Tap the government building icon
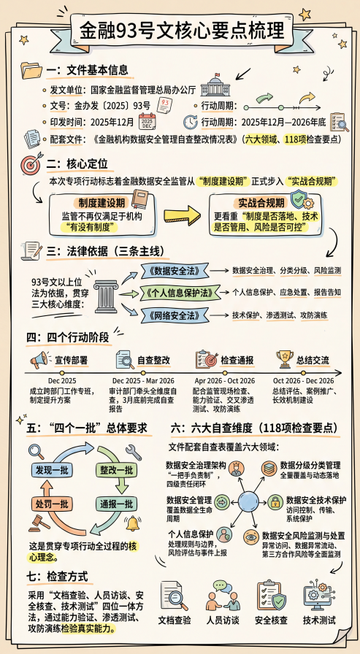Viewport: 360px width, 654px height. click(215, 85)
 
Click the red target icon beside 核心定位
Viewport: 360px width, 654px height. click(31, 163)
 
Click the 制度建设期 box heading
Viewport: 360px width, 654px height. click(98, 203)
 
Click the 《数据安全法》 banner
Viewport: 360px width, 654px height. click(173, 270)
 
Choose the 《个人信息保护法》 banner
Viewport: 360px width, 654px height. click(179, 292)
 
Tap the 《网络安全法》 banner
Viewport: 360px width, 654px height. click(173, 315)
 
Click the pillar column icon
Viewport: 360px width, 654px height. click(106, 296)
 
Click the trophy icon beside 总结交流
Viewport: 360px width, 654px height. click(285, 358)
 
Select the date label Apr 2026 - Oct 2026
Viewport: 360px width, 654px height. click(225, 381)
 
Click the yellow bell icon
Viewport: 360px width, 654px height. click(133, 523)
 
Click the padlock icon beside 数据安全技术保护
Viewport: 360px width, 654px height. click(275, 502)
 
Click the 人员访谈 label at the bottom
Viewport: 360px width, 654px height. click(223, 620)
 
